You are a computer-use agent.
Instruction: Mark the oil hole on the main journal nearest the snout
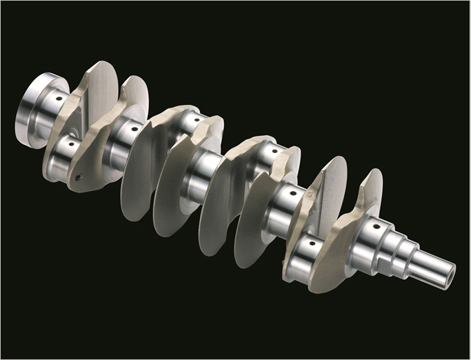click(376, 224)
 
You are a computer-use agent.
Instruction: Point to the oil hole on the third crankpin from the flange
click(274, 148)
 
